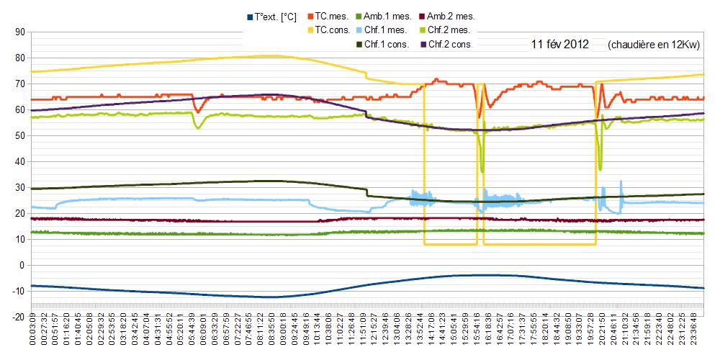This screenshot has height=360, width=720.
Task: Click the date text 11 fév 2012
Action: pyautogui.click(x=559, y=45)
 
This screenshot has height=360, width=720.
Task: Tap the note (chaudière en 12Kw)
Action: pyautogui.click(x=654, y=45)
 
